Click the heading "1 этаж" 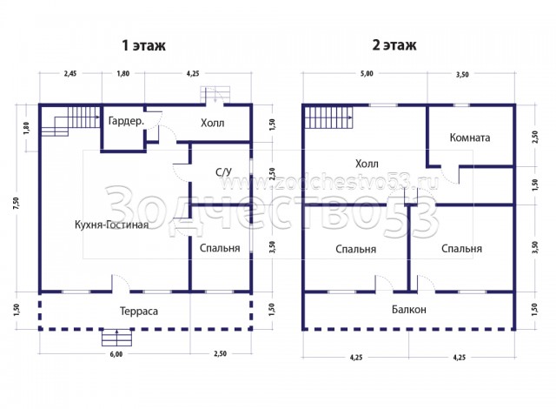point(143,45)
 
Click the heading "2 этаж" point(394,45)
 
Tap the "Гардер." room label point(126,121)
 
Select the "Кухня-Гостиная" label point(111,225)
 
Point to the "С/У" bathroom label point(223,172)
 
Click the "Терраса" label point(139,312)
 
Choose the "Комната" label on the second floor point(470,137)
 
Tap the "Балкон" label point(409,310)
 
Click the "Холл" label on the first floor point(212,124)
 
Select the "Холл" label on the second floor point(367,164)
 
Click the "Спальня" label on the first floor point(220,248)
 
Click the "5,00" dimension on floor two point(367,73)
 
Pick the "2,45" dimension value point(69,73)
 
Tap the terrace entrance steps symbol point(117,338)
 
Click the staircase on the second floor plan point(328,117)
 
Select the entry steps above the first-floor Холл point(215,95)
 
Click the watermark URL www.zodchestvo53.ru point(330,183)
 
